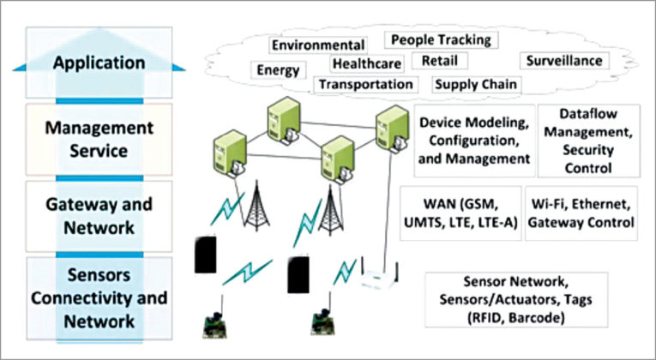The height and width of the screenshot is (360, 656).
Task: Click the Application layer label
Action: point(99,63)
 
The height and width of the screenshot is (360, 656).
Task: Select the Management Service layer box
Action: point(99,140)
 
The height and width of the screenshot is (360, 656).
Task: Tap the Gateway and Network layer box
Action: point(99,216)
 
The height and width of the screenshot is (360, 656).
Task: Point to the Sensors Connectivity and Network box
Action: point(99,298)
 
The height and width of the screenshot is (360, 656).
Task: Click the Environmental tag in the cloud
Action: point(318,45)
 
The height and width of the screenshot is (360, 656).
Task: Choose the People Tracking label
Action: point(441,40)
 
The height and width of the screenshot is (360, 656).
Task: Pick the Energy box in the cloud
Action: point(278,69)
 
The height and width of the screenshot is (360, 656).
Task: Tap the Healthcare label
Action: point(367,64)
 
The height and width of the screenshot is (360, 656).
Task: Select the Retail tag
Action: point(439,61)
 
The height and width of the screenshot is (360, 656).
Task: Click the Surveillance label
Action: point(564,61)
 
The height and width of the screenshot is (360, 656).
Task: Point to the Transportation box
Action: point(365,85)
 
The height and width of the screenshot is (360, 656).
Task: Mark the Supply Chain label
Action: point(476,85)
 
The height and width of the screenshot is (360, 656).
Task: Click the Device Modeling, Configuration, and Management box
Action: point(474,141)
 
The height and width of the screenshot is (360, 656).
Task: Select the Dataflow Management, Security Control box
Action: point(588,141)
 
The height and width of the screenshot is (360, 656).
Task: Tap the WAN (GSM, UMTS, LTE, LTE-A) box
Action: point(460,213)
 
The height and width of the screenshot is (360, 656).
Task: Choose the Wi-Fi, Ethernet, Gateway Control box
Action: point(581,213)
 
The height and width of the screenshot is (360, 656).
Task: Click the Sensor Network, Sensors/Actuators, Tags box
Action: point(516,300)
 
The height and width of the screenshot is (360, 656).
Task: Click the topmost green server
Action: point(284,120)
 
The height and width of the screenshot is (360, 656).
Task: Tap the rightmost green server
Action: point(392,129)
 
